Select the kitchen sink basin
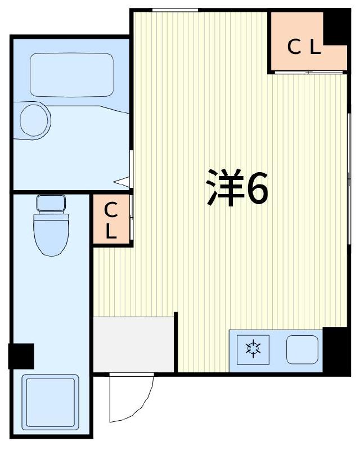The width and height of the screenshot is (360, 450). coord(303,349)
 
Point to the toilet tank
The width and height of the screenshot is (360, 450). coord(51,202)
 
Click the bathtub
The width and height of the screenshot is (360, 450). coord(71,75)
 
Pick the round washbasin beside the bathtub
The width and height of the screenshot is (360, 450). coord(35,119)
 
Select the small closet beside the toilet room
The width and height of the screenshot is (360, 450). coord(111,219)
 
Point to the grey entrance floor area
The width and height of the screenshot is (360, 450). coord(134,343)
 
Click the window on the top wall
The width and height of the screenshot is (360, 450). coord(175,10)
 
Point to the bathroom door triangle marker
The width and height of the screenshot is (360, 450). coord(122,182)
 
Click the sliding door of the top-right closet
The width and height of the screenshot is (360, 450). coord(308,73)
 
